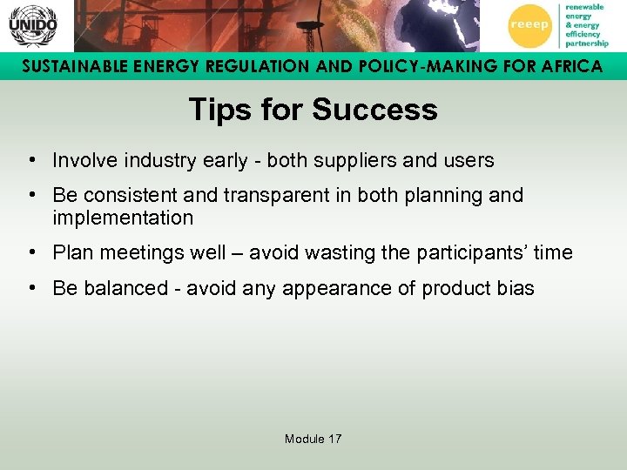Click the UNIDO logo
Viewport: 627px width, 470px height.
click(32, 25)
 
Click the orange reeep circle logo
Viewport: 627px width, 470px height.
click(529, 25)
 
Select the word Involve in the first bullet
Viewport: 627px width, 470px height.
click(83, 161)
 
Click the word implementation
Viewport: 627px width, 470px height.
click(123, 218)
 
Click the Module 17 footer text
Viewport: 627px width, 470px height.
click(313, 439)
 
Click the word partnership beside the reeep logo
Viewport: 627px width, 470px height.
click(587, 43)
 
